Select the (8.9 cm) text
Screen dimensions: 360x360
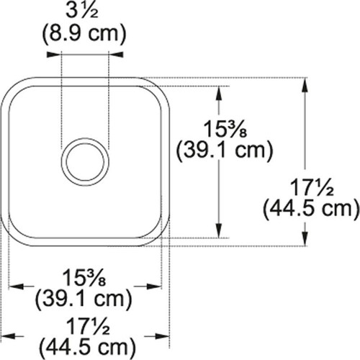85,33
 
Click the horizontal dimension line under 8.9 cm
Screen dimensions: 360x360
85,52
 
